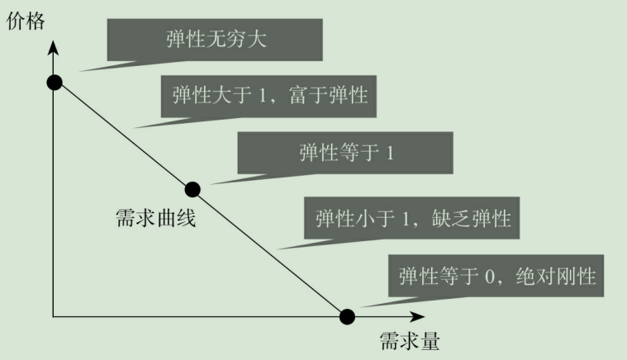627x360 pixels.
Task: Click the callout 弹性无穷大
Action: tap(214, 40)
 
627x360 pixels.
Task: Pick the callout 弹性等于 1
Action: tap(345, 153)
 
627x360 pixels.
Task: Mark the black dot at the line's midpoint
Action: tap(192, 190)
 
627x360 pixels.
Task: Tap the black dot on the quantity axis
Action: tap(348, 316)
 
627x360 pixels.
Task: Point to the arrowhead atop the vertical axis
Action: tap(55, 45)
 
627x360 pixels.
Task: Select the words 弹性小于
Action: tap(351, 218)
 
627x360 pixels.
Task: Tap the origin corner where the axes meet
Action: tap(55, 316)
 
